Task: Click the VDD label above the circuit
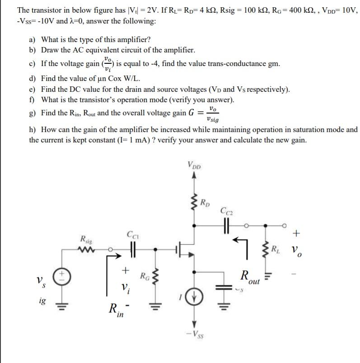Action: (195, 165)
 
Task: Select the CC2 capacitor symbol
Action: (227, 224)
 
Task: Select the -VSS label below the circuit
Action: (195, 335)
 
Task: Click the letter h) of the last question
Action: (33, 130)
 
